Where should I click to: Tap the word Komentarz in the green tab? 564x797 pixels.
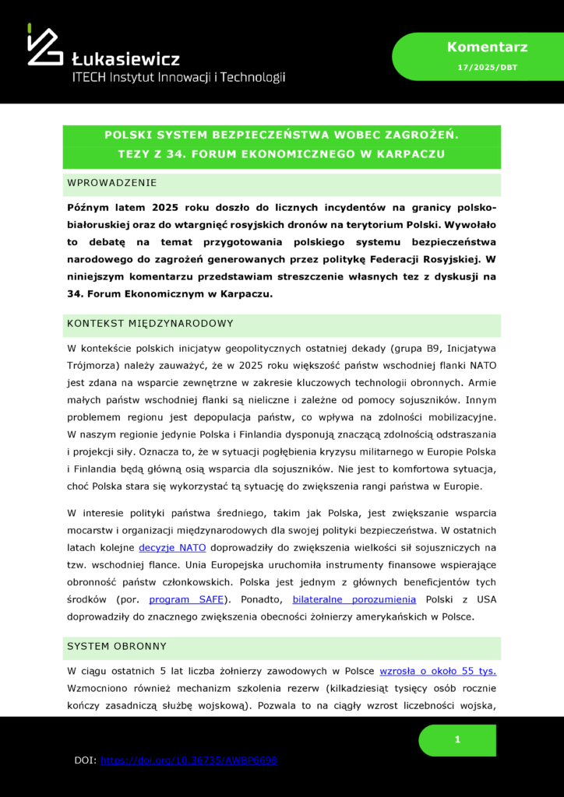coord(476,47)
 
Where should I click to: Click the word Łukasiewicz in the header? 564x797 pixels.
coord(125,59)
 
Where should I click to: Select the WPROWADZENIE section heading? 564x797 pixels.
coord(112,183)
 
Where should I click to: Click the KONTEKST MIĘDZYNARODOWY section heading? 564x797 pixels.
coord(150,323)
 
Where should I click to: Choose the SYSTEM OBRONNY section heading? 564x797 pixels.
coord(117,646)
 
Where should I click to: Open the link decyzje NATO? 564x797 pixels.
coord(172,547)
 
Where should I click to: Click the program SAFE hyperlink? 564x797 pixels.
coord(186,599)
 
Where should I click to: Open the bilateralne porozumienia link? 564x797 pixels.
coord(354,599)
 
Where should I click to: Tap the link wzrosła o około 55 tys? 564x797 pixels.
coord(438,671)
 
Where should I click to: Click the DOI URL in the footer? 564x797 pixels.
coord(189,760)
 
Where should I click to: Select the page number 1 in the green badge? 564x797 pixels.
coord(457,739)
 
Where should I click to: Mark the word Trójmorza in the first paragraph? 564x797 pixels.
coord(93,364)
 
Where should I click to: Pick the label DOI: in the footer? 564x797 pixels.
coord(85,760)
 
